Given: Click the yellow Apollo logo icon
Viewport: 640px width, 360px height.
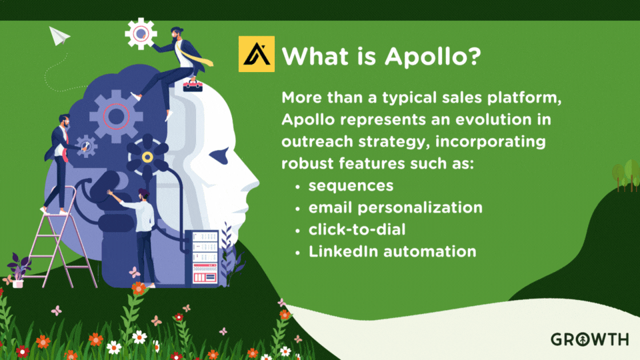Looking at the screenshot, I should click(x=256, y=54).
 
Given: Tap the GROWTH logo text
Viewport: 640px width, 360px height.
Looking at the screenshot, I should click(x=589, y=339).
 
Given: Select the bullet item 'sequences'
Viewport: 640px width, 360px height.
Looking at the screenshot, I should click(x=351, y=185).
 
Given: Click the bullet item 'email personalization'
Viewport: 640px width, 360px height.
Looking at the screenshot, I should click(x=395, y=207).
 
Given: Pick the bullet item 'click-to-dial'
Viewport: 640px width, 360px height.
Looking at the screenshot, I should click(x=357, y=229).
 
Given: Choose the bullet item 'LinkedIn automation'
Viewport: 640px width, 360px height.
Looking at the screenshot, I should click(x=392, y=251).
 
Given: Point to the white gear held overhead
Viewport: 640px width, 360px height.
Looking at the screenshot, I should click(x=141, y=33).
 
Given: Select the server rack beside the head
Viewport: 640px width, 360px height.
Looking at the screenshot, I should click(x=205, y=256).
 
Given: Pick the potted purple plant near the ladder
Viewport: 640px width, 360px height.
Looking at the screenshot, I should click(x=19, y=271).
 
